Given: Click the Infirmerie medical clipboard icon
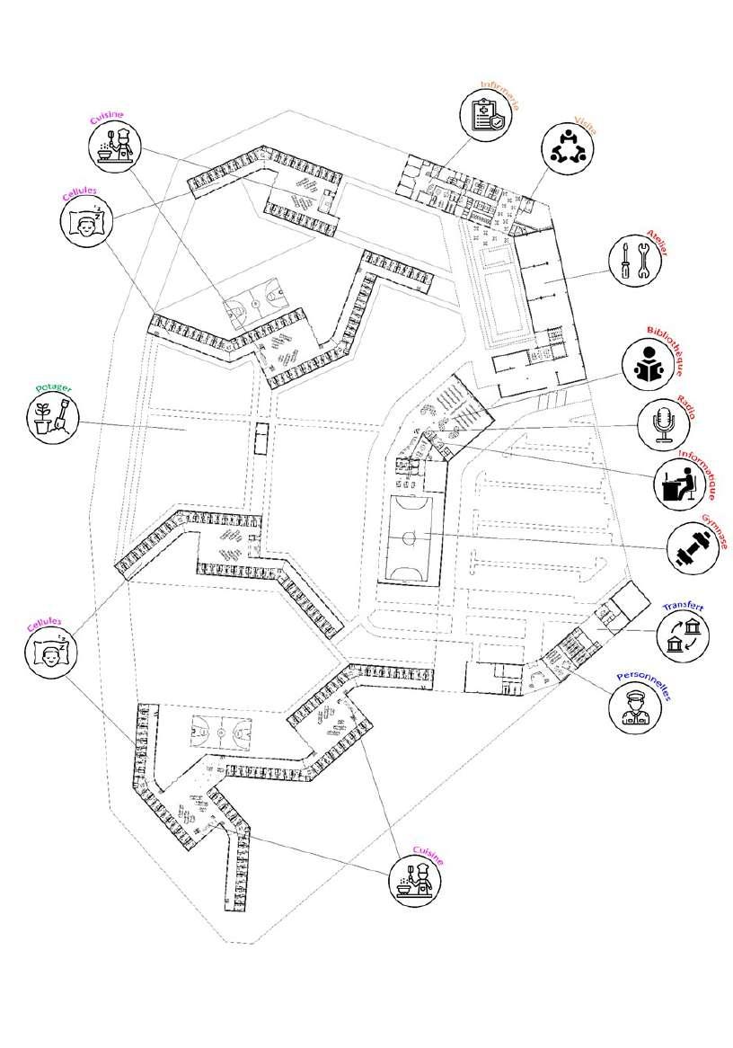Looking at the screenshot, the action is point(488,115).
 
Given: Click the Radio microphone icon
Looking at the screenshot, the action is point(664,424).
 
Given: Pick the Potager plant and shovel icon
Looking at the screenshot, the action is point(51,416).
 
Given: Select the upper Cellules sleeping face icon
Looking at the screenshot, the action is point(85,222).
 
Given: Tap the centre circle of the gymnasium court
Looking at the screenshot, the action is point(410,537).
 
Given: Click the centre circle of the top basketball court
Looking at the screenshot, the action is point(255,304).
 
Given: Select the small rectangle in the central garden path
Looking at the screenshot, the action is point(261,440).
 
